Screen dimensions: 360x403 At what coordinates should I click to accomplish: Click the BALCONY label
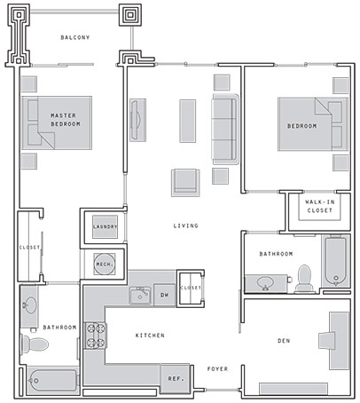pyautogui.click(x=75, y=37)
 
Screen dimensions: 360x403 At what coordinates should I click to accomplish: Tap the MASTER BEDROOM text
pyautogui.click(x=66, y=120)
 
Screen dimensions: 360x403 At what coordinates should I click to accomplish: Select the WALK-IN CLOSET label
pyautogui.click(x=320, y=206)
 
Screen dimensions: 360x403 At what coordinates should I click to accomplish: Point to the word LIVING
pyautogui.click(x=185, y=225)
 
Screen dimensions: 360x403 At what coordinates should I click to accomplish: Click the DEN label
pyautogui.click(x=284, y=341)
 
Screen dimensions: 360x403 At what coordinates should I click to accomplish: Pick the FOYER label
pyautogui.click(x=217, y=369)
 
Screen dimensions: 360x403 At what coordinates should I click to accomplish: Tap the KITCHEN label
pyautogui.click(x=150, y=336)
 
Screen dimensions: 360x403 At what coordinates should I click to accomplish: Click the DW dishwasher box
pyautogui.click(x=165, y=295)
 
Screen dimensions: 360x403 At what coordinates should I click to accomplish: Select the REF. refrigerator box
pyautogui.click(x=176, y=379)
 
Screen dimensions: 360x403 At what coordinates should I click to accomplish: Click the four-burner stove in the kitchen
pyautogui.click(x=96, y=336)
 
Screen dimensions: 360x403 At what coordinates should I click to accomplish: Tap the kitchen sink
pyautogui.click(x=140, y=296)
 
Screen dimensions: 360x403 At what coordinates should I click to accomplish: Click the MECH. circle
pyautogui.click(x=105, y=264)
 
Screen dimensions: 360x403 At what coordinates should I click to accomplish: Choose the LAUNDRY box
pyautogui.click(x=105, y=227)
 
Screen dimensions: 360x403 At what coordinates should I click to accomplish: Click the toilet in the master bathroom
pyautogui.click(x=35, y=344)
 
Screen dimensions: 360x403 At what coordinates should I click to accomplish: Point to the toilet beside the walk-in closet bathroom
pyautogui.click(x=304, y=279)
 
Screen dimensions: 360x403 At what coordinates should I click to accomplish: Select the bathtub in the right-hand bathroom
pyautogui.click(x=335, y=261)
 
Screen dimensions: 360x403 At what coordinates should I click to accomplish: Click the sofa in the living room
pyautogui.click(x=225, y=130)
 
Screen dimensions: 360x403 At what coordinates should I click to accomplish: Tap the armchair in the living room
pyautogui.click(x=185, y=183)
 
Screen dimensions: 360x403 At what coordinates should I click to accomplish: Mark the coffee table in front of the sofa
pyautogui.click(x=188, y=121)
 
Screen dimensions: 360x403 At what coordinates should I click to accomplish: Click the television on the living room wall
pyautogui.click(x=137, y=120)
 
